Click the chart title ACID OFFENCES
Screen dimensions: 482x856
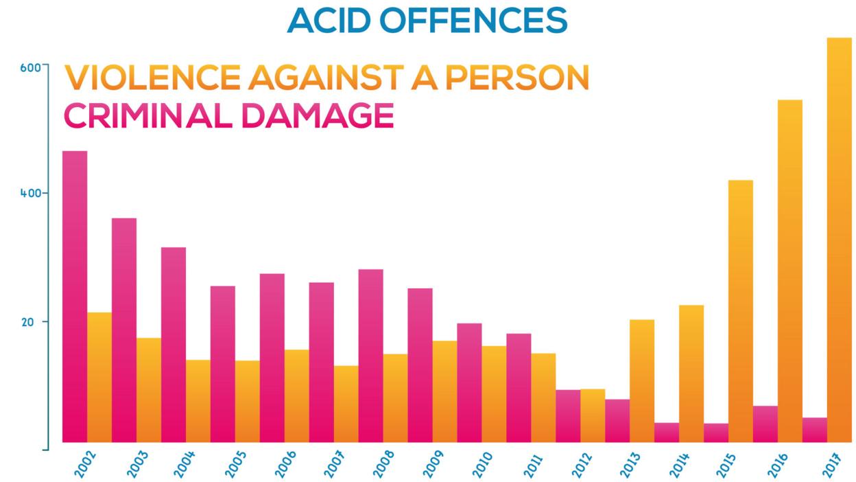(x=427, y=20)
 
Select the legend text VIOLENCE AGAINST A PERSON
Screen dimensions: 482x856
(x=326, y=78)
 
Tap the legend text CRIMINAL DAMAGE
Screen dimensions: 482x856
(x=228, y=115)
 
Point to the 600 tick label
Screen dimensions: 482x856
(x=31, y=67)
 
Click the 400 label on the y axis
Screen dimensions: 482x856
(x=31, y=193)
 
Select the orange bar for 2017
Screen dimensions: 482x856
(x=840, y=240)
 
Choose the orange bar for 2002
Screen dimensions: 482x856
(x=99, y=378)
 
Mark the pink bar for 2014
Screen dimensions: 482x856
(x=667, y=433)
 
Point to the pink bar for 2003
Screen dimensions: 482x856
(x=124, y=330)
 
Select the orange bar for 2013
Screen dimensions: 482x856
(x=642, y=381)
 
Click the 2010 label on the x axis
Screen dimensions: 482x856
(x=481, y=464)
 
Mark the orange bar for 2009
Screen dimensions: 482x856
(x=444, y=391)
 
